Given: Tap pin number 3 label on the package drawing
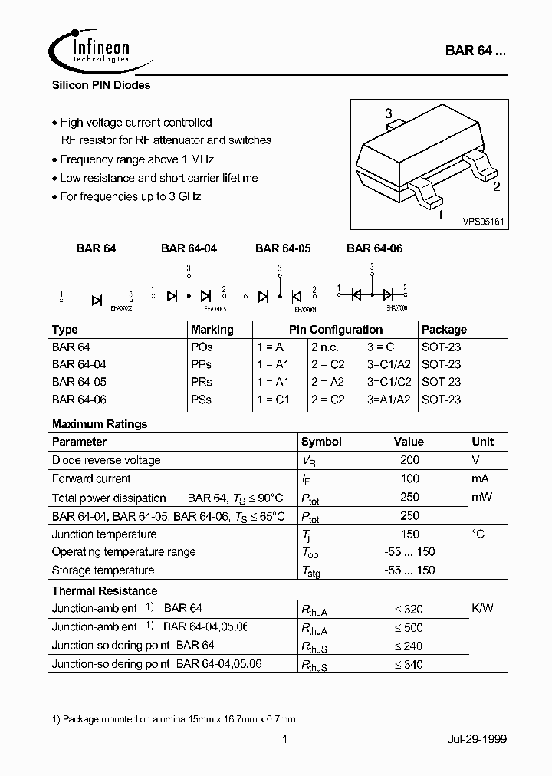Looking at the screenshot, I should click(x=389, y=113).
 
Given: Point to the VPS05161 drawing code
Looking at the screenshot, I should click(x=482, y=220).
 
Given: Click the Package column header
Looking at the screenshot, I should click(x=444, y=330).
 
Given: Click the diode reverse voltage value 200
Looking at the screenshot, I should click(x=409, y=460).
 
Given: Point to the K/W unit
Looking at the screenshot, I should click(x=482, y=609).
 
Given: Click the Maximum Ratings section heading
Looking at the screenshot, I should click(x=100, y=424).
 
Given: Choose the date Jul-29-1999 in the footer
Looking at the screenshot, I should click(x=477, y=739).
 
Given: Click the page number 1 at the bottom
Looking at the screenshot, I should click(x=284, y=739).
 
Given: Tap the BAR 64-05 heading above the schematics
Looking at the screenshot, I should click(x=283, y=248).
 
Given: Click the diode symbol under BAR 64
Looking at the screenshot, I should click(x=97, y=300).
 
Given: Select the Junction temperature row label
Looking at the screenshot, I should click(x=104, y=534).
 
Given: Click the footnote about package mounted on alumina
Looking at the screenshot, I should click(x=173, y=719).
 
